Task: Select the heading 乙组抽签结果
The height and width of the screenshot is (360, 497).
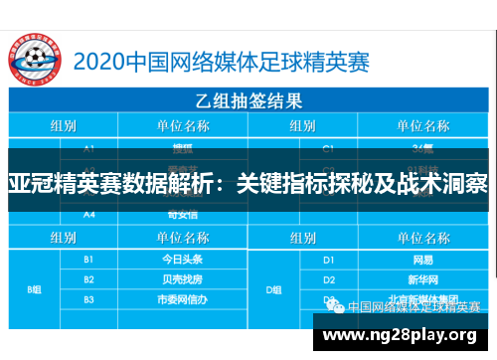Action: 248,100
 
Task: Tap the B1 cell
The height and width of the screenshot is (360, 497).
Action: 88,259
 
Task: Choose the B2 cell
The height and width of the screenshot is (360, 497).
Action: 88,279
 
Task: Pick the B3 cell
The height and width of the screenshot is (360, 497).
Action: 88,298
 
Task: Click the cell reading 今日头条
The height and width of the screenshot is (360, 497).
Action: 182,259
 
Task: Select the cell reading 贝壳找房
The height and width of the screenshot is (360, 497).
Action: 182,279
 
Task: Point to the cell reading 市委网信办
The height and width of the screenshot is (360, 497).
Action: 182,298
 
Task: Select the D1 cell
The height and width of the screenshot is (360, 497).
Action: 329,259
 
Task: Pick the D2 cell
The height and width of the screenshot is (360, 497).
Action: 329,279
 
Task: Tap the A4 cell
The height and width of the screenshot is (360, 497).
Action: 88,214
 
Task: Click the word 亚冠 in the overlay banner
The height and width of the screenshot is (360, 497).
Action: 26,185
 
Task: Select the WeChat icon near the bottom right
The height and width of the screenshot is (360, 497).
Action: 329,302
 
